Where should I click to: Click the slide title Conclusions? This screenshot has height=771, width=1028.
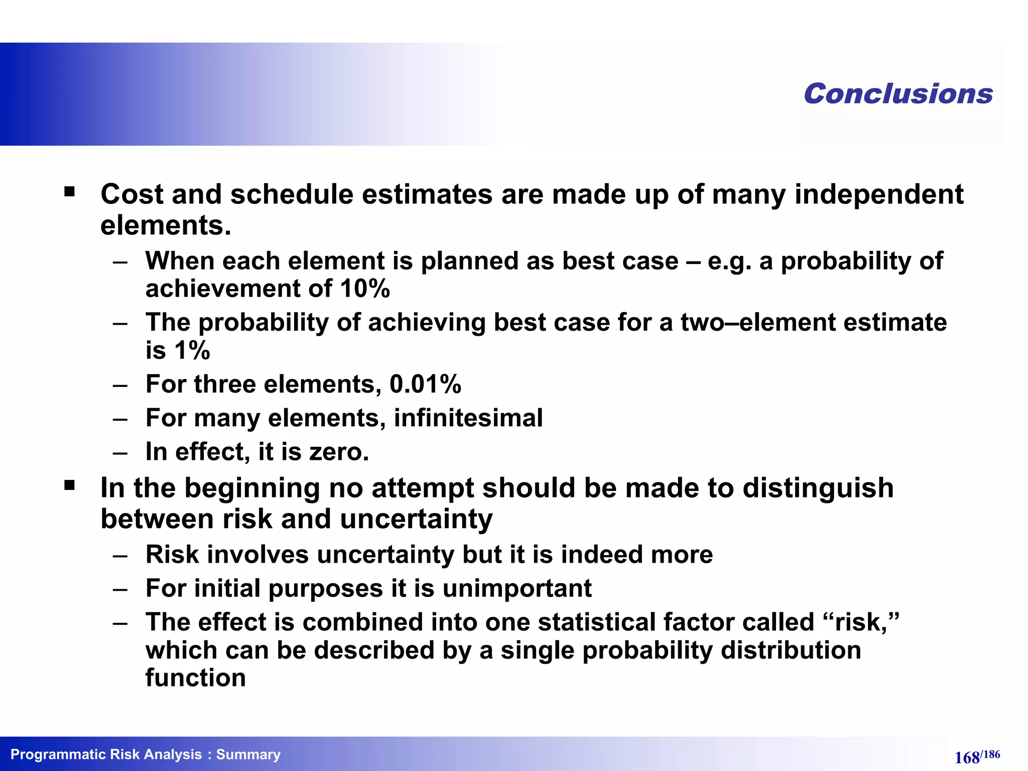coord(897,94)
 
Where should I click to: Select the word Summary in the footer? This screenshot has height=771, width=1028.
coord(248,754)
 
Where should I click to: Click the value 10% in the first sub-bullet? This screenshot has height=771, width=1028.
coord(364,289)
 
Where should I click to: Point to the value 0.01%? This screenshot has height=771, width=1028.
coord(425,384)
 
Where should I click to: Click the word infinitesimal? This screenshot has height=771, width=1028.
coord(468,418)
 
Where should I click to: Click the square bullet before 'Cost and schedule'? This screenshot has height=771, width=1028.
coord(69,192)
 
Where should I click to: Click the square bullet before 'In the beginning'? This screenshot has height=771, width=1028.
coord(69,485)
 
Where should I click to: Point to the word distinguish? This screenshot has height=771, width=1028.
coord(818,488)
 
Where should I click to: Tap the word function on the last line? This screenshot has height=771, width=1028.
coord(195,678)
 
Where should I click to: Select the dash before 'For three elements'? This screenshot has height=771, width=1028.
coord(120,385)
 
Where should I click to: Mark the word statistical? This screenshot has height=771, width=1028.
coord(596,622)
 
